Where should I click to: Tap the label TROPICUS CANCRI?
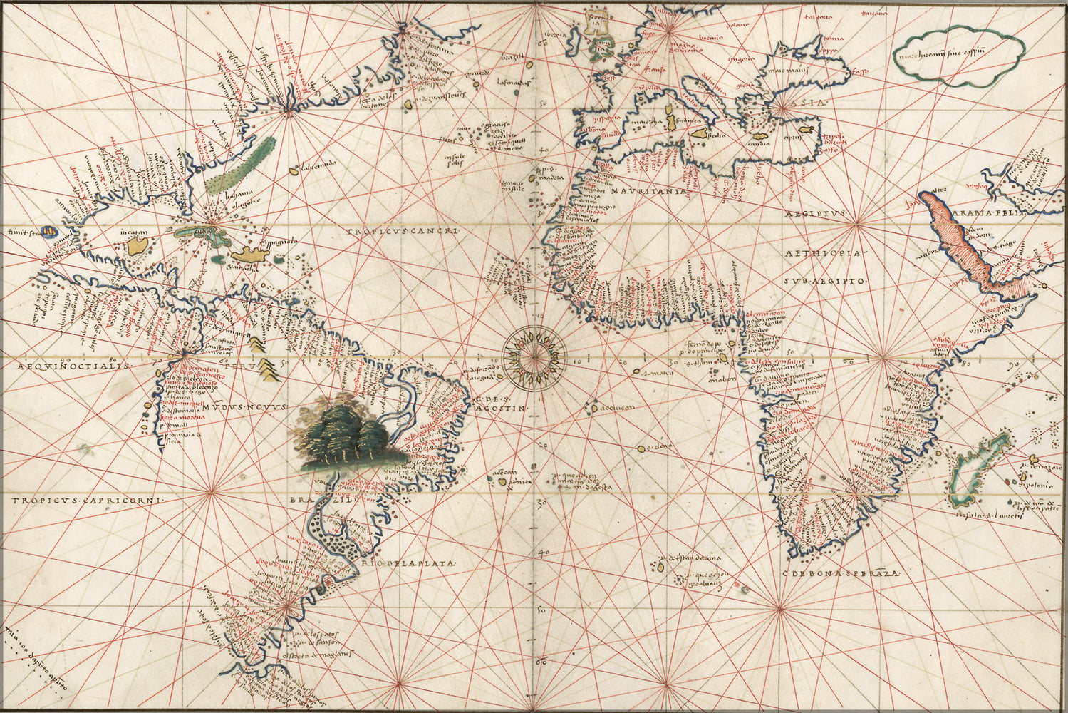point(405,232)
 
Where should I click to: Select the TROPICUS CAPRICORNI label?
point(87,501)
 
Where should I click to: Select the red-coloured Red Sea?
point(958,239)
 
